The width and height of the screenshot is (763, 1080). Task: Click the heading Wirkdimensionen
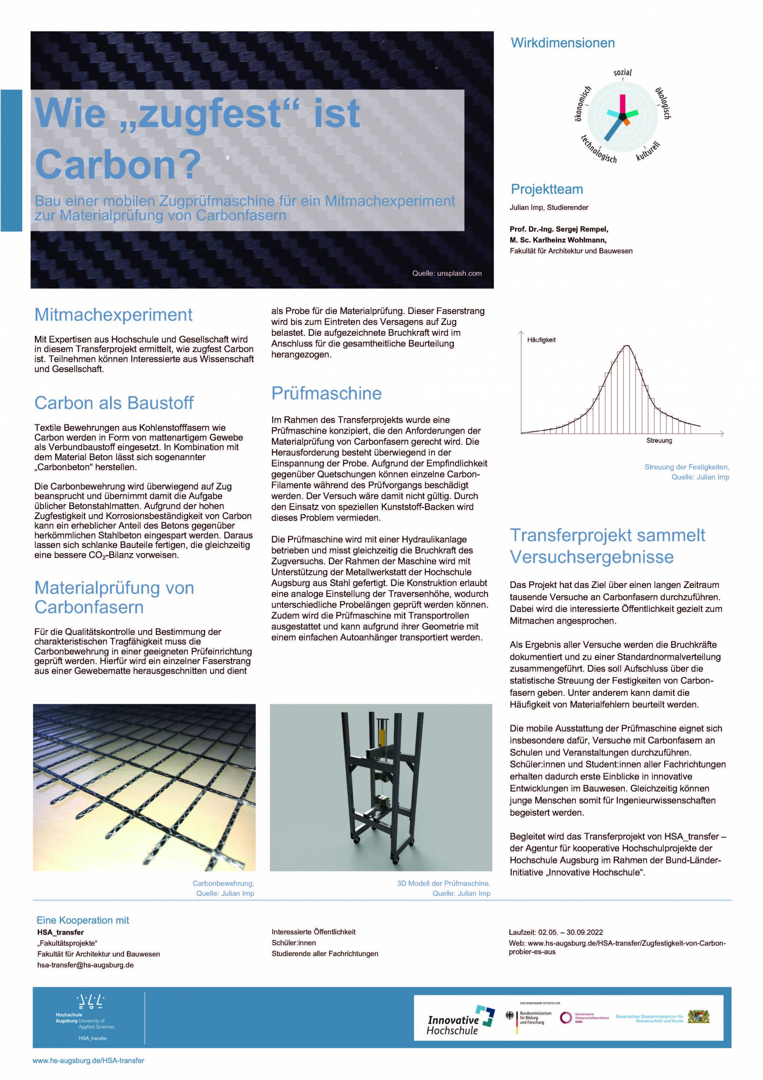563,43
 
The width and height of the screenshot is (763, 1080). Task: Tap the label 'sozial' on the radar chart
622,73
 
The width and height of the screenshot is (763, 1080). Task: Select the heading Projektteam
546,189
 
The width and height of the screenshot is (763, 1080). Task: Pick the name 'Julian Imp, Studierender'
548,207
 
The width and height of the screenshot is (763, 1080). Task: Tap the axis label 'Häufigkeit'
541,340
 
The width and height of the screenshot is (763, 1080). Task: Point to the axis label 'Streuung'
659,440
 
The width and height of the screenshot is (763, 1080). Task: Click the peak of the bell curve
627,346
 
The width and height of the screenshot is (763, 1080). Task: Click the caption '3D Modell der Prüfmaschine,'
443,883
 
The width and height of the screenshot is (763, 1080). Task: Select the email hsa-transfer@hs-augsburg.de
85,965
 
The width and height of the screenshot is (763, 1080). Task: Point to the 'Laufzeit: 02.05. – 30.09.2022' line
556,932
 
